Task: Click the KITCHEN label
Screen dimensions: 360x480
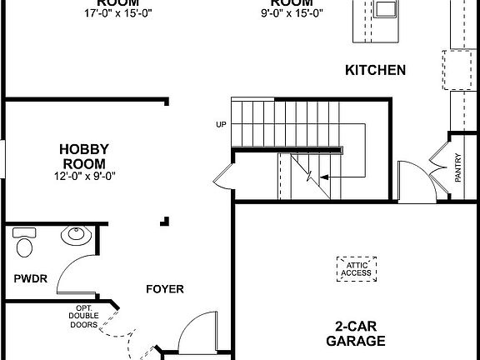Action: [375, 70]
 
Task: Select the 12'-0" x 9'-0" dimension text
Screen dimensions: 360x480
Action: [86, 175]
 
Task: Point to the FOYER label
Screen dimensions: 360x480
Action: [164, 289]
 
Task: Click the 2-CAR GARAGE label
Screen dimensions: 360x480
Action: [360, 333]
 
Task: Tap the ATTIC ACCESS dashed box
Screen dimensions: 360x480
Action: [355, 268]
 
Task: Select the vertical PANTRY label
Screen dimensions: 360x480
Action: [458, 167]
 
